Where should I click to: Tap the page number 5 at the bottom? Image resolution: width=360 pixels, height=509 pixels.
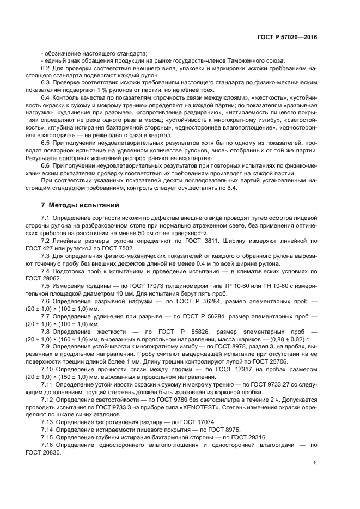[315, 463]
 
